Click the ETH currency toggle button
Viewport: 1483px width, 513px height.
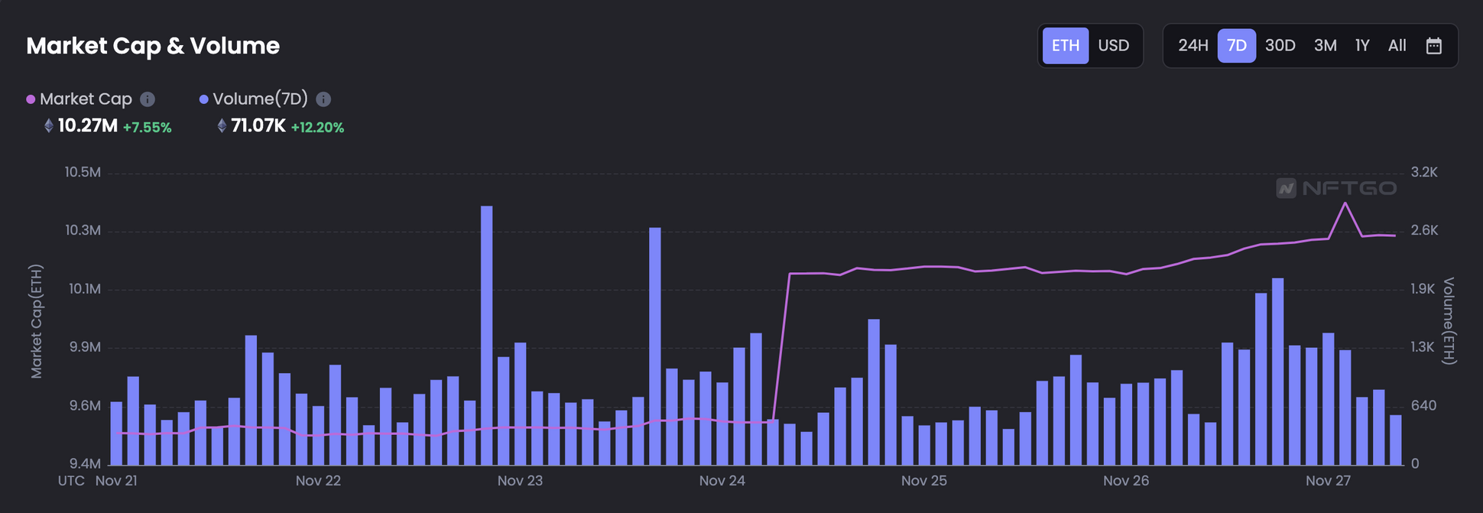click(x=1066, y=46)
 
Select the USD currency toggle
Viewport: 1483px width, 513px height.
click(x=1113, y=46)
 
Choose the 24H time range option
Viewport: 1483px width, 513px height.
click(x=1193, y=46)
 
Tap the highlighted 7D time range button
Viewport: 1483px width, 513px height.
click(x=1236, y=46)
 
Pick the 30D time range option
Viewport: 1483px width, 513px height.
click(x=1280, y=46)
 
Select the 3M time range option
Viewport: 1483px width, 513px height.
click(x=1325, y=46)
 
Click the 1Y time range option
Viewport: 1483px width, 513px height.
click(x=1361, y=46)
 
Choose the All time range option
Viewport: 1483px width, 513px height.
click(x=1397, y=46)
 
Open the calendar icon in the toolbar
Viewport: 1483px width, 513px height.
click(x=1433, y=46)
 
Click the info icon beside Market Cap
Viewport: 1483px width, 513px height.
click(x=148, y=99)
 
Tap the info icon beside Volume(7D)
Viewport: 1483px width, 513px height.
click(x=323, y=99)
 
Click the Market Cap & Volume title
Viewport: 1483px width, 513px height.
click(x=153, y=46)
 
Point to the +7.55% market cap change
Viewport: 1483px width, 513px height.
click(x=147, y=128)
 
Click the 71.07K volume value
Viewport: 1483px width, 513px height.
click(x=258, y=126)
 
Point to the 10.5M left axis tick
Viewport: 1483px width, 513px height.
click(x=83, y=173)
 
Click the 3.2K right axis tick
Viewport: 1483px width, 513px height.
click(x=1423, y=173)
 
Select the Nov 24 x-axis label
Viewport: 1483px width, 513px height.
click(x=722, y=481)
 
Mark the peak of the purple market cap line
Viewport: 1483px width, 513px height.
click(x=1345, y=203)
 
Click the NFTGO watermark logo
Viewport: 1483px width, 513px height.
click(x=1336, y=188)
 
